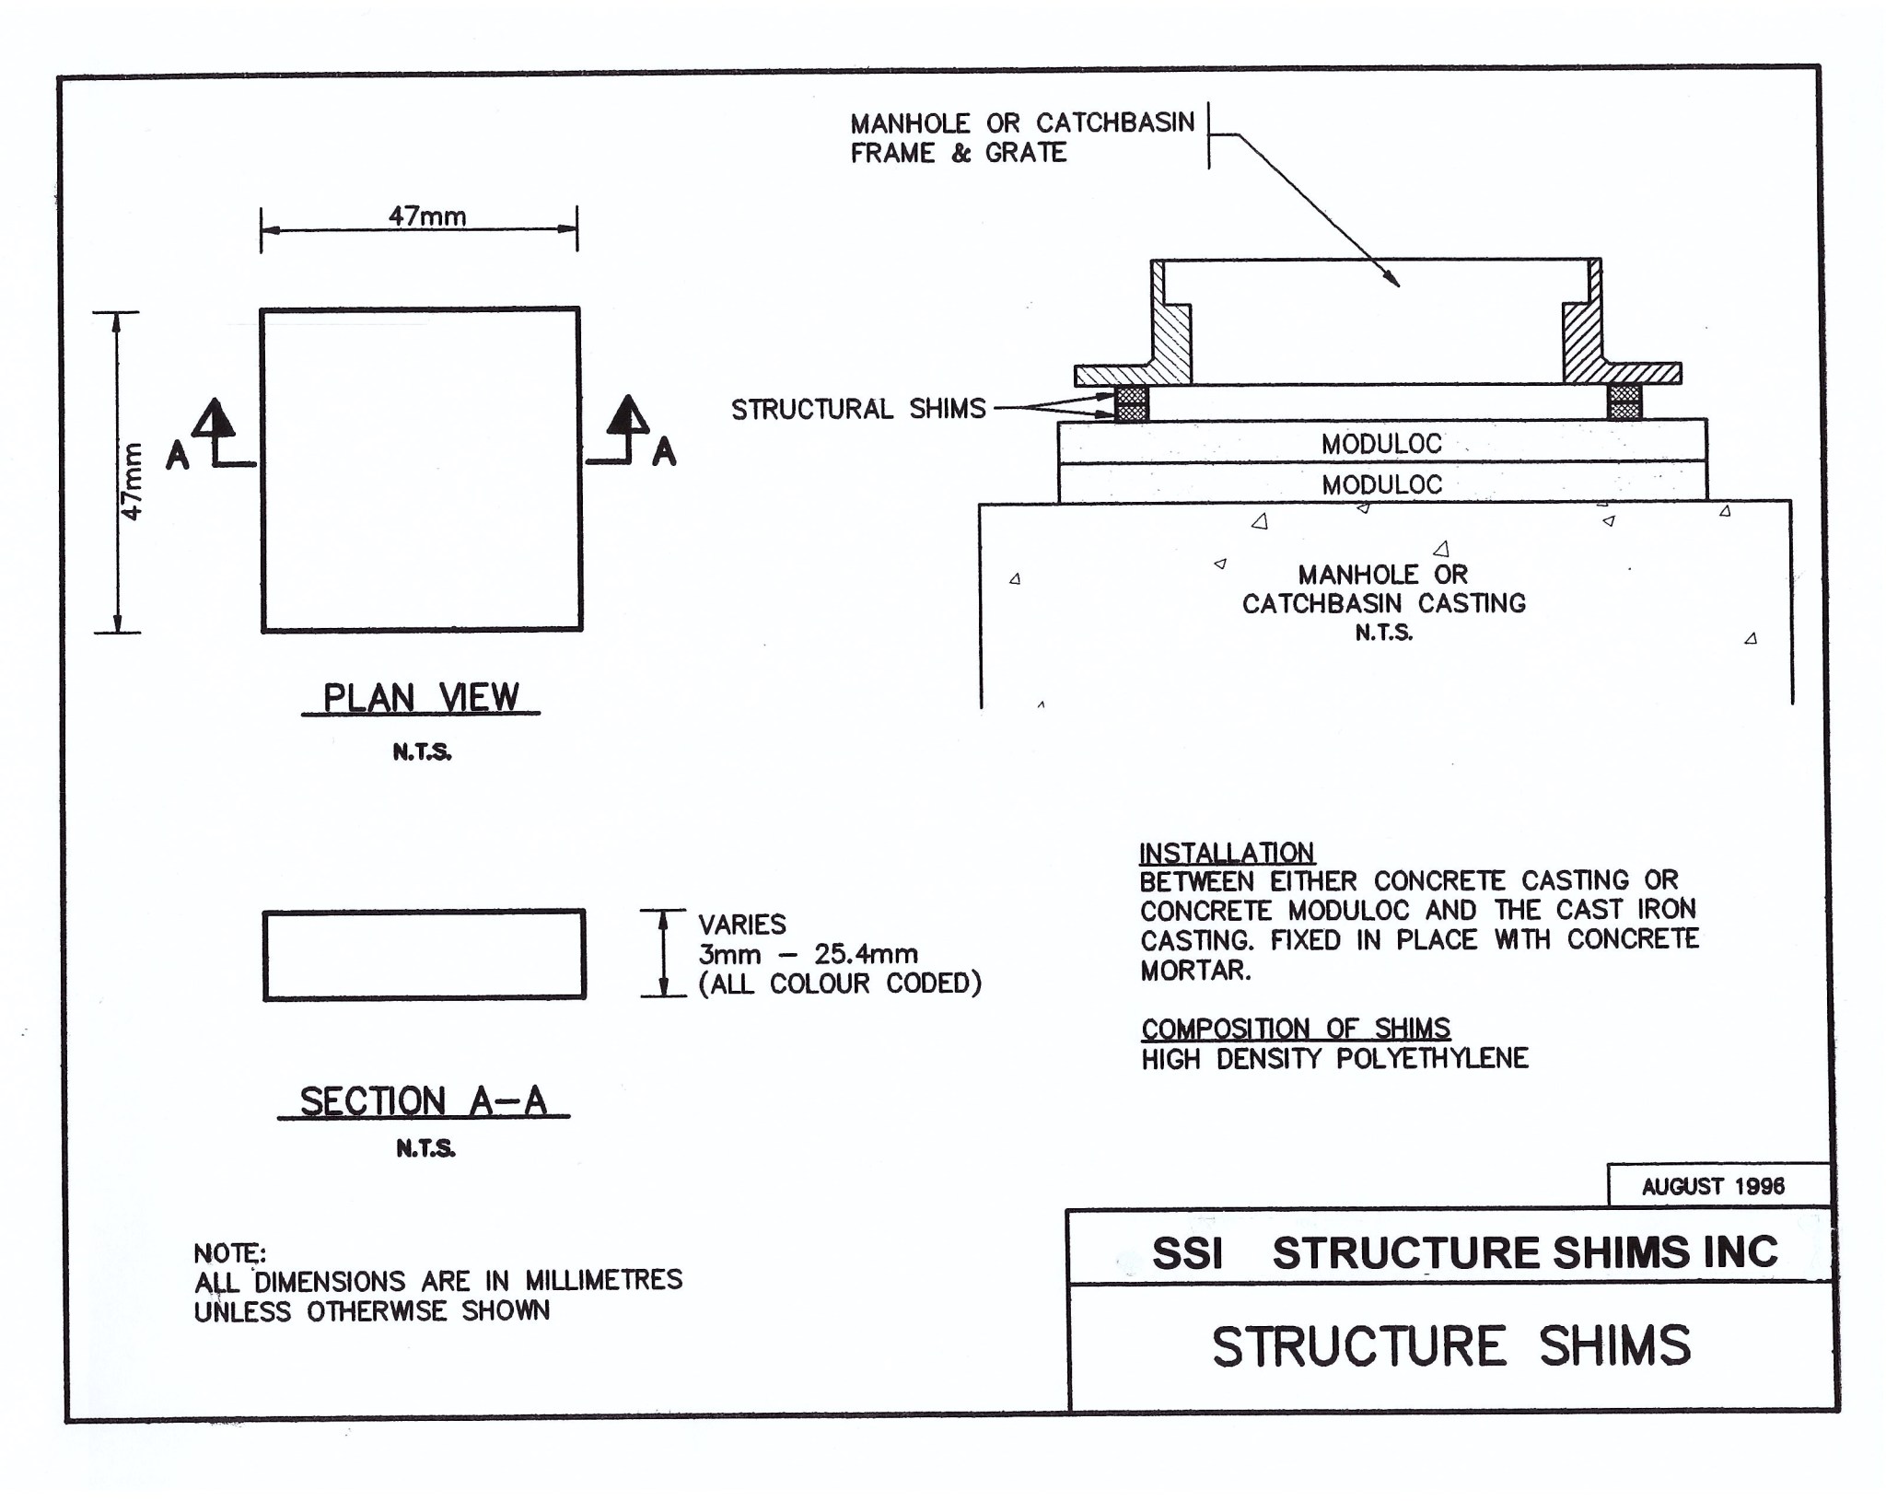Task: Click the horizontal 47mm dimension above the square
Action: click(x=427, y=216)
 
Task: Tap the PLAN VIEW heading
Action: click(x=421, y=698)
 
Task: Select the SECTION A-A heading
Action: click(x=424, y=1101)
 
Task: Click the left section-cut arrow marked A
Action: click(x=214, y=433)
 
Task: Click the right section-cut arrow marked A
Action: click(x=630, y=430)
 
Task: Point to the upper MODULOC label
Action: click(x=1381, y=444)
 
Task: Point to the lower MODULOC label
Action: click(x=1381, y=484)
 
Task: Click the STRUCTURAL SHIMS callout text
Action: click(x=858, y=409)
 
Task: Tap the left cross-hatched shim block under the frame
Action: click(x=1132, y=403)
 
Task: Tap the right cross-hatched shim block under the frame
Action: click(x=1624, y=402)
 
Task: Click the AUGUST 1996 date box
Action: click(x=1713, y=1186)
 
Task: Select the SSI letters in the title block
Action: click(x=1187, y=1253)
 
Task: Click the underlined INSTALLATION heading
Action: click(x=1227, y=853)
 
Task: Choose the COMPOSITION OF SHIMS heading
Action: click(x=1296, y=1028)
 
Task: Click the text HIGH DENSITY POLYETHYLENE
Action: click(x=1334, y=1059)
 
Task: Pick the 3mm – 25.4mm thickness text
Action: click(x=808, y=954)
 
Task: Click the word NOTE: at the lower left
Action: click(x=229, y=1253)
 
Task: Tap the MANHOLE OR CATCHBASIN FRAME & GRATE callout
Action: click(x=1021, y=137)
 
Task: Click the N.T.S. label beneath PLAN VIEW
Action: click(x=422, y=752)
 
